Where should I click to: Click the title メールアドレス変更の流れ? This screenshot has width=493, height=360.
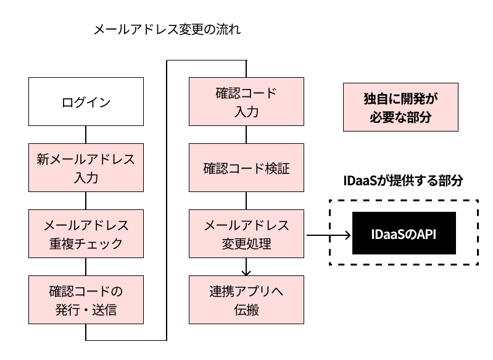click(166, 29)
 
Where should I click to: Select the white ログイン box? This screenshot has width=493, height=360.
click(86, 102)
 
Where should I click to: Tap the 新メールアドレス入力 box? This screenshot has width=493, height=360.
click(86, 167)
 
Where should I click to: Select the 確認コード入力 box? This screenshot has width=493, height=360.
click(246, 102)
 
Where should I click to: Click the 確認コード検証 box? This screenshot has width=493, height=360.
click(246, 168)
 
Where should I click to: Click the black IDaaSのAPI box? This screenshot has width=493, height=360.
click(404, 234)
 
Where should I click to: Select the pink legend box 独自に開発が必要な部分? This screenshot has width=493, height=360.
click(401, 107)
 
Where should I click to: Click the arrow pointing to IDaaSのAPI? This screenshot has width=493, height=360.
click(327, 235)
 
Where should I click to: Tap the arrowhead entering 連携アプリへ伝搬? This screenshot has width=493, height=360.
click(246, 272)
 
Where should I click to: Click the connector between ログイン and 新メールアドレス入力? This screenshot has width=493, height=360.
click(86, 134)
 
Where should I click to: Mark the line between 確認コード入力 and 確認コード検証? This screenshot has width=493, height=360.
click(246, 134)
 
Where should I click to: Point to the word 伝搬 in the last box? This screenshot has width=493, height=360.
click(246, 309)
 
